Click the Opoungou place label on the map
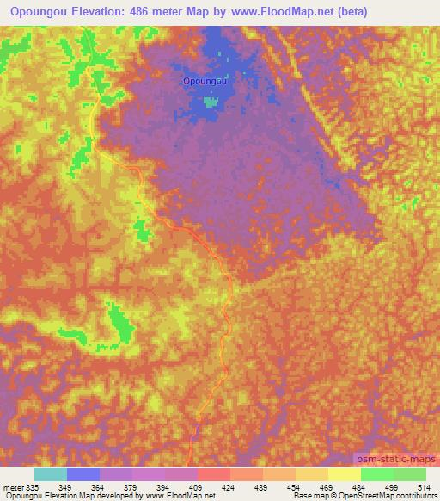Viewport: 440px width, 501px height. (x=205, y=80)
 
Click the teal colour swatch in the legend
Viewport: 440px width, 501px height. (x=50, y=475)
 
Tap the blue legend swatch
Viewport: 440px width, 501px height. (x=82, y=475)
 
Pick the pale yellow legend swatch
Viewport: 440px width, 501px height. (x=344, y=475)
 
